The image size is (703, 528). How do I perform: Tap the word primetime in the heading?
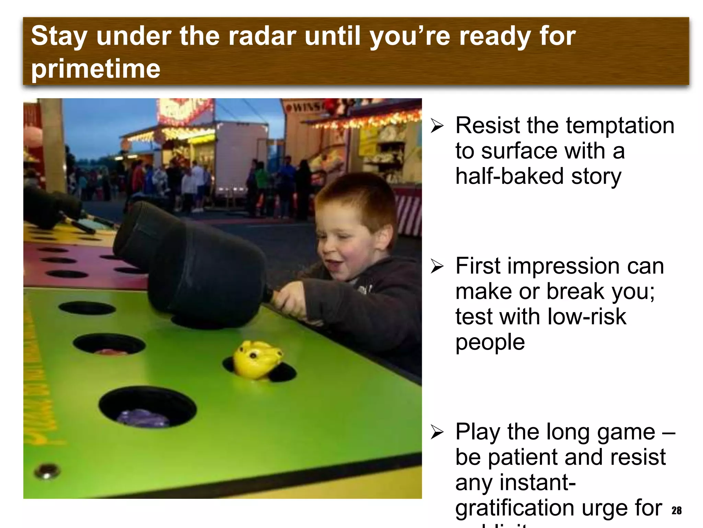pos(96,69)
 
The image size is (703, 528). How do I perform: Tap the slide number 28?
pos(677,510)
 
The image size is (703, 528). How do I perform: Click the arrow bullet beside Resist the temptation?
pos(437,126)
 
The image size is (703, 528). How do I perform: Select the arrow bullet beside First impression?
pos(437,266)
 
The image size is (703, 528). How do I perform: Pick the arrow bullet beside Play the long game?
pos(437,432)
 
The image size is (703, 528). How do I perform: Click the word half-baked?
pos(509,176)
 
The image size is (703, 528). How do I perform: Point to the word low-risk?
pos(587,317)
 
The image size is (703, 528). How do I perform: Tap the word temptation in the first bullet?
pos(620,125)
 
